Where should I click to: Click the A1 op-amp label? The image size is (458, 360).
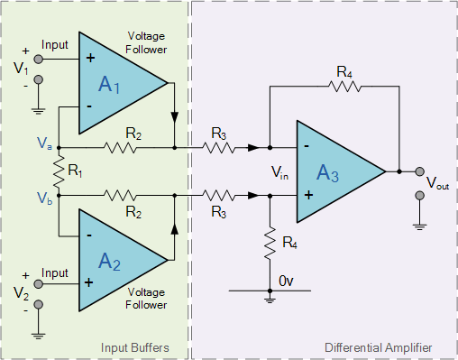[x=109, y=86]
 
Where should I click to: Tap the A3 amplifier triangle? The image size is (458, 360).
[x=333, y=171]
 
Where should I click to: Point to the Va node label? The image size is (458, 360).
[x=44, y=143]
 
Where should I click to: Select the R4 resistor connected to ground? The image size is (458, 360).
[x=269, y=241]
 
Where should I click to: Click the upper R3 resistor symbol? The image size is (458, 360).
[x=217, y=147]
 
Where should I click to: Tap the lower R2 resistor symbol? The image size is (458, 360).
[x=121, y=194]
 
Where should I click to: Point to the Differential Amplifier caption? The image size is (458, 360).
[x=378, y=347]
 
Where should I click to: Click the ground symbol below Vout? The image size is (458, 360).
[x=419, y=221]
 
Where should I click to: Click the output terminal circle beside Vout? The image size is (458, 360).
[x=419, y=171]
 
